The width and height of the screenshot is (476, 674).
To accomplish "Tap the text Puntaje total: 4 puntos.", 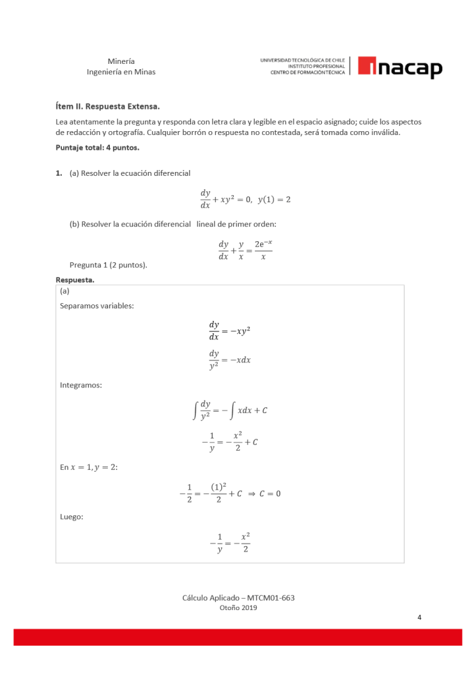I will (x=97, y=147).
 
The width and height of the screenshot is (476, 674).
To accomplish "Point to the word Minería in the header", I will (x=121, y=61).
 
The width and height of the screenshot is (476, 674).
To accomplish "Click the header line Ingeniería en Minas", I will (x=121, y=72).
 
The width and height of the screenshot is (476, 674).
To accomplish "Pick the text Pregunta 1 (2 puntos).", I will (x=108, y=265).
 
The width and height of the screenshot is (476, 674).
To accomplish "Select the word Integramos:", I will (x=80, y=385).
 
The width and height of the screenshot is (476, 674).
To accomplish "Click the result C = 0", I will (x=269, y=493).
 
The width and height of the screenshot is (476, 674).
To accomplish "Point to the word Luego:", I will (x=72, y=517).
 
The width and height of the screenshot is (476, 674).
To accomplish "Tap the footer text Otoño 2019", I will (x=238, y=608).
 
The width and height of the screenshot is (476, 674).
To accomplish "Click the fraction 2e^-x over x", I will (x=263, y=250).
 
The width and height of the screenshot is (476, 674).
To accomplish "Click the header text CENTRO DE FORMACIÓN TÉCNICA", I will (x=307, y=72).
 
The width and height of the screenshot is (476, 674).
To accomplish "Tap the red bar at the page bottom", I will (x=238, y=636).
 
